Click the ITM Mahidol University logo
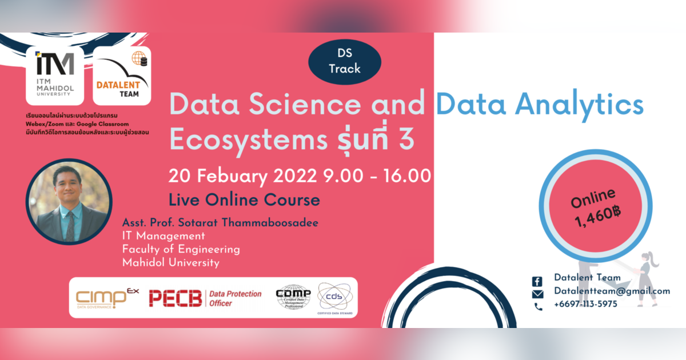point(54,75)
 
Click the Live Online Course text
point(244,200)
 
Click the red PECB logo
point(176,298)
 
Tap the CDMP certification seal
point(293,297)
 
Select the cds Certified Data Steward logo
point(334,298)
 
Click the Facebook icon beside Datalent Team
point(537,281)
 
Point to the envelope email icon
point(537,294)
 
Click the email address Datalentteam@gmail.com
point(612,291)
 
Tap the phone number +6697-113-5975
point(585,304)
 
